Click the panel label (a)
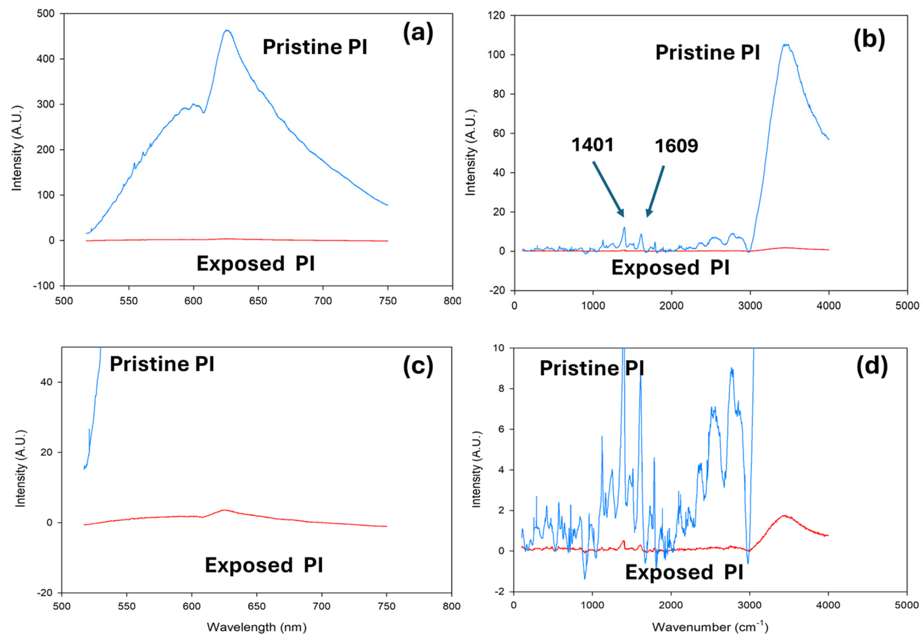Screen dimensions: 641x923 coord(418,33)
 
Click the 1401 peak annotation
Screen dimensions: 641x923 coord(592,145)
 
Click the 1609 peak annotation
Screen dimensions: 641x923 coord(676,146)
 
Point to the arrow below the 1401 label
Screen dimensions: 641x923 coord(608,189)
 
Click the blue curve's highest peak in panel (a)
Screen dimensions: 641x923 coord(227,30)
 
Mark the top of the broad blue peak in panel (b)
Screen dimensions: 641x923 coord(785,44)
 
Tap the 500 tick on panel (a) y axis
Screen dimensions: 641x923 coord(46,14)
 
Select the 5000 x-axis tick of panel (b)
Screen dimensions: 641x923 coord(907,306)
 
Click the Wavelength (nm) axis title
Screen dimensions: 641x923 coord(256,627)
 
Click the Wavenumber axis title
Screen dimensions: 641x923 coord(710,627)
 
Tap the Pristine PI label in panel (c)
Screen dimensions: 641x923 coord(161,364)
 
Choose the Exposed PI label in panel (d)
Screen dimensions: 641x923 coord(684,572)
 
